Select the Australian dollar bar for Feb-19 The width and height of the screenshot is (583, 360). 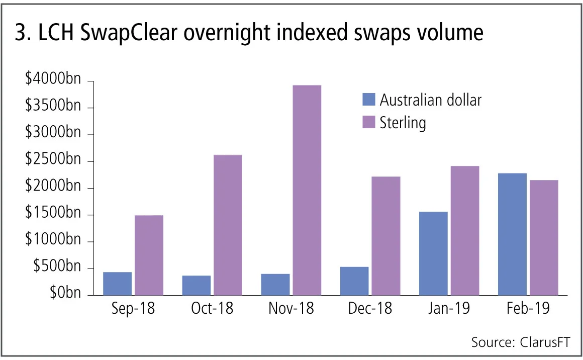(512, 234)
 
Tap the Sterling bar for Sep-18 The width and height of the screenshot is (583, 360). (149, 255)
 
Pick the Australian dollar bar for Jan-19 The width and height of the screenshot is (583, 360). (433, 253)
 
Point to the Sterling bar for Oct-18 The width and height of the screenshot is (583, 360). (228, 225)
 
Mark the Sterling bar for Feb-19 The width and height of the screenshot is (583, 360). (544, 237)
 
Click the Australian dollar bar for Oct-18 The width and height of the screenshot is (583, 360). (197, 285)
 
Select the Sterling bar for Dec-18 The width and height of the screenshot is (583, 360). (386, 236)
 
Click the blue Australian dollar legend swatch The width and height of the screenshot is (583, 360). (368, 100)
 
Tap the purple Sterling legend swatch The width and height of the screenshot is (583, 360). (368, 122)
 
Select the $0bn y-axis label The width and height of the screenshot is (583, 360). (65, 293)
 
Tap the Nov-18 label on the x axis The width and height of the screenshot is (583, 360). (291, 308)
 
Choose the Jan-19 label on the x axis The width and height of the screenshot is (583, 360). (449, 308)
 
